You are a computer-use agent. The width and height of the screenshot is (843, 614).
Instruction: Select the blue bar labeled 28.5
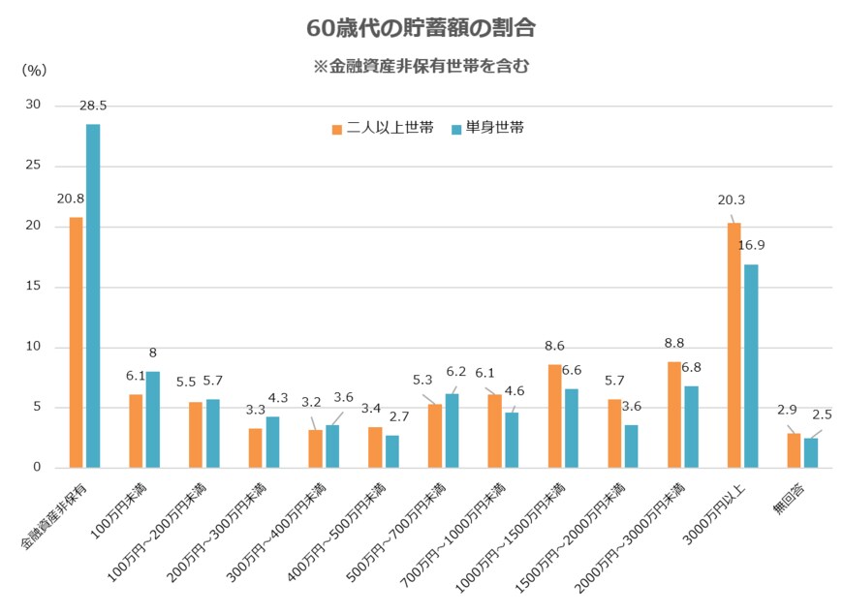93,295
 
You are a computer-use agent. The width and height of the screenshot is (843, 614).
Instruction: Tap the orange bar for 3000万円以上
734,345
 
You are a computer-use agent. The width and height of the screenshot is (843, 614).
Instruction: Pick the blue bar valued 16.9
751,365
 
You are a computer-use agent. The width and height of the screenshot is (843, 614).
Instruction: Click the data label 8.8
674,342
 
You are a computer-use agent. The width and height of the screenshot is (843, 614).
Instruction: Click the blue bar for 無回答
811,452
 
